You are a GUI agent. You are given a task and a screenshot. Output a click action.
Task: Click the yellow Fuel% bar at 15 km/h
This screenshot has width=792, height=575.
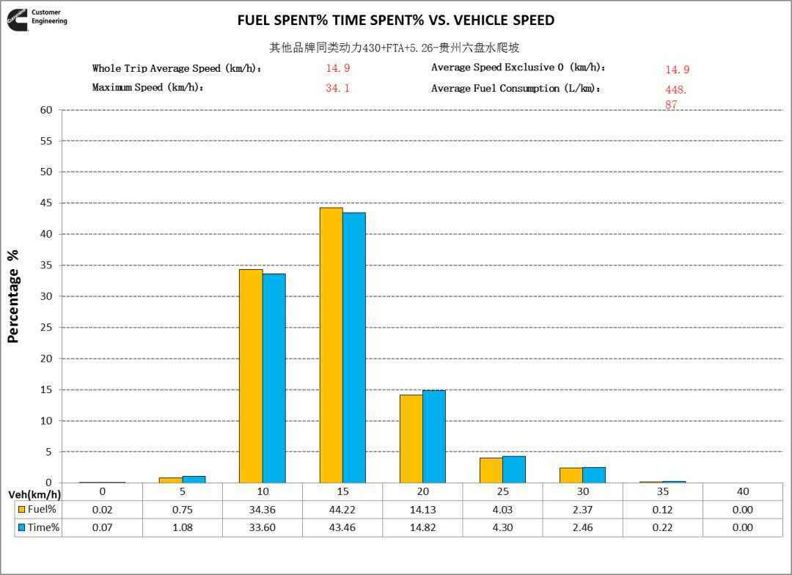(x=331, y=345)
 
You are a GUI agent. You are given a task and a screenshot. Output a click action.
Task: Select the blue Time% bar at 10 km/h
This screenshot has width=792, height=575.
(x=274, y=378)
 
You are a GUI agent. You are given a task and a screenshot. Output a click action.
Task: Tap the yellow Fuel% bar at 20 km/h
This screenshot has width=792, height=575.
(x=411, y=439)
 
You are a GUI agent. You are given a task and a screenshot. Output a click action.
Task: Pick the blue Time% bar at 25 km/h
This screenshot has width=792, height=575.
(x=514, y=469)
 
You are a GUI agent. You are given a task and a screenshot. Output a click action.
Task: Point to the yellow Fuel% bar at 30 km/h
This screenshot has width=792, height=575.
(x=571, y=475)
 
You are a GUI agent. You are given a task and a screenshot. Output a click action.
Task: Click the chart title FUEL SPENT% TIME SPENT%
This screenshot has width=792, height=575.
(x=395, y=21)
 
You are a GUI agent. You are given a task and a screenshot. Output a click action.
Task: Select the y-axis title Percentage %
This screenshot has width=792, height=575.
(x=13, y=296)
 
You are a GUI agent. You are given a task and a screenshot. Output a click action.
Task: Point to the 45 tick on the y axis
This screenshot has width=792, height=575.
(x=46, y=203)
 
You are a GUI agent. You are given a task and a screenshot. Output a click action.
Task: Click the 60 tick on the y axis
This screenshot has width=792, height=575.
(x=46, y=110)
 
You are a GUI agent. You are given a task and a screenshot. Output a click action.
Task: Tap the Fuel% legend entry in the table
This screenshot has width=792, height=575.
(x=37, y=510)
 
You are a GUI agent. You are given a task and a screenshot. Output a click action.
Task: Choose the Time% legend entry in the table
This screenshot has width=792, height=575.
(x=37, y=527)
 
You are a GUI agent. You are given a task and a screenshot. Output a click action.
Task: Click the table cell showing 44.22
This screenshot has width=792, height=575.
(x=342, y=510)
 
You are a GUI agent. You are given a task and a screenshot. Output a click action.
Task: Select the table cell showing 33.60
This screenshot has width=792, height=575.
(x=263, y=527)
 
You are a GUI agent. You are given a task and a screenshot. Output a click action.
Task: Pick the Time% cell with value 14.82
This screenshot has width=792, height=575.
(x=423, y=527)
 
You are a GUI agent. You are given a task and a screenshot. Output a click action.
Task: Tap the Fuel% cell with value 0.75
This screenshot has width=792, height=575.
(x=183, y=510)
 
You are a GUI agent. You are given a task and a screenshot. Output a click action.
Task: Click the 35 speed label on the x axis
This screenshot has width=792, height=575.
(x=663, y=491)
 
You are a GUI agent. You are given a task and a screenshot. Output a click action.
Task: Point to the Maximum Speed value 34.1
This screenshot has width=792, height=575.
(x=337, y=88)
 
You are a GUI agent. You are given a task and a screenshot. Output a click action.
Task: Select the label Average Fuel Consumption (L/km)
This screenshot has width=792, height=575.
(x=516, y=88)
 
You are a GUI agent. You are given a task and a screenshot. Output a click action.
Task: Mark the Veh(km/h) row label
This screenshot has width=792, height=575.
(x=34, y=494)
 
